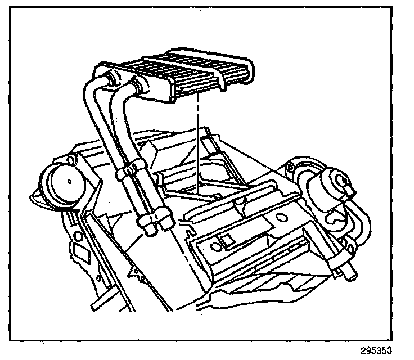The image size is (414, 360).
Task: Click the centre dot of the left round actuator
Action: click(x=67, y=182)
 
